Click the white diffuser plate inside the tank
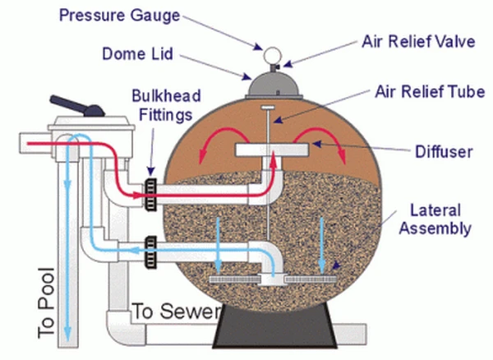(270, 150)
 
